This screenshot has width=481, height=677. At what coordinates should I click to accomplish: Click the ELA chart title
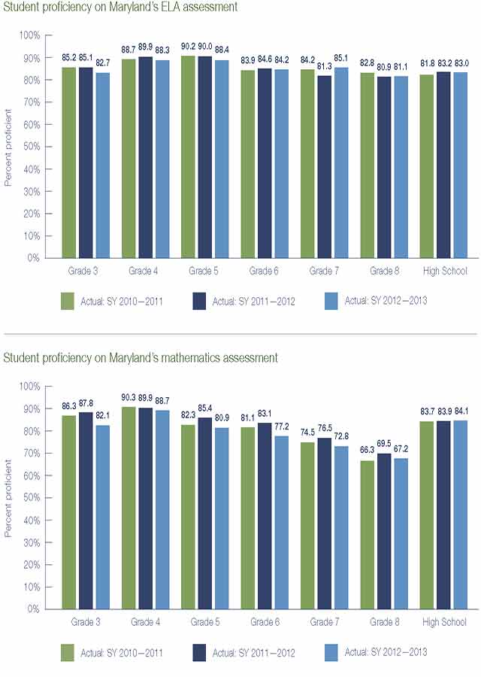pos(120,7)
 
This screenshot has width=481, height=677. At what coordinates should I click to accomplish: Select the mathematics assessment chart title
pos(141,358)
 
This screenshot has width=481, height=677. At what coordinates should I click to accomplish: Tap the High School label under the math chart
pos(444,622)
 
